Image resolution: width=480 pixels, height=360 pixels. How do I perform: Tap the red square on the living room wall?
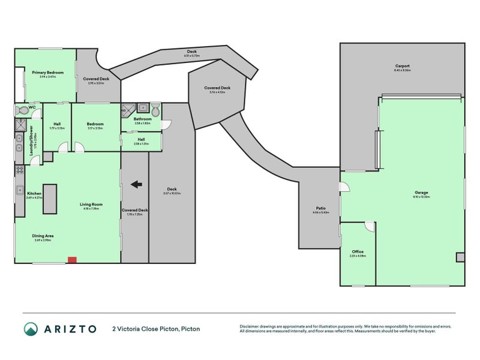(x=72, y=260)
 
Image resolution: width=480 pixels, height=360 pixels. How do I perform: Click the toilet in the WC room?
(x=23, y=110)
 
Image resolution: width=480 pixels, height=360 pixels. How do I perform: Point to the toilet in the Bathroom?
(x=155, y=110)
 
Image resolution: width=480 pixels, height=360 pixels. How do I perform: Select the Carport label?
(x=402, y=66)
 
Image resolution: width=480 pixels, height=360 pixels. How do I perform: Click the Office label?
(x=357, y=252)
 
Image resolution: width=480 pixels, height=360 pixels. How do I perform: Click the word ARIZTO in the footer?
(x=69, y=329)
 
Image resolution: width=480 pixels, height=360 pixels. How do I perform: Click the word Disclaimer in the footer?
(x=250, y=326)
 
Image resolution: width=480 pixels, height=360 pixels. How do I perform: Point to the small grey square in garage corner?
(x=460, y=257)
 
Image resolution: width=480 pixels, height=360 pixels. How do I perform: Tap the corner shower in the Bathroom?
(x=128, y=109)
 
